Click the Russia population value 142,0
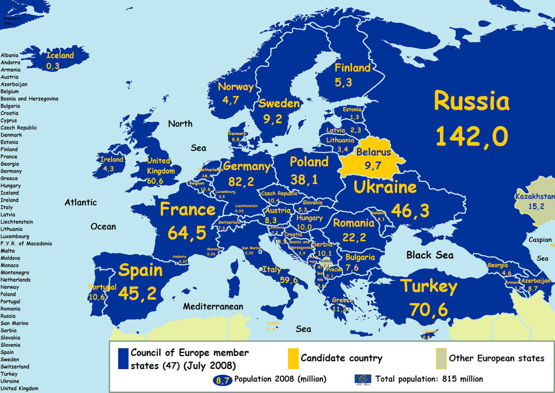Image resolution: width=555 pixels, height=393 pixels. pos(471,136)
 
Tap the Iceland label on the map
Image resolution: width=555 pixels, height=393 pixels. pos(60,55)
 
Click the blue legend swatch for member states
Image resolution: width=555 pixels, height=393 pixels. pos(123,359)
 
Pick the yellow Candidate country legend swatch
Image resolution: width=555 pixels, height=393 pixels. pos(293,358)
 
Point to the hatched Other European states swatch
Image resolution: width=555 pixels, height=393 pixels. pos(441,358)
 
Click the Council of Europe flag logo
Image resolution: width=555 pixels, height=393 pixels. pos(363,379)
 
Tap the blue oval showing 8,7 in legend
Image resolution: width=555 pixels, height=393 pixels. pos(222,380)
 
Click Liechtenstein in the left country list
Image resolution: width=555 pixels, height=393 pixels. pos(17,222)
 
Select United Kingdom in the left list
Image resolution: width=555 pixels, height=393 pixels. pos(19,388)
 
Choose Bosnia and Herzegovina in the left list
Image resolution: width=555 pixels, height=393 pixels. pos(29,99)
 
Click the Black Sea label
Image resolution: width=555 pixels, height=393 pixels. pos(430,255)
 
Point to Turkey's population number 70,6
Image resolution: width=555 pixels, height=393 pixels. pos(428,310)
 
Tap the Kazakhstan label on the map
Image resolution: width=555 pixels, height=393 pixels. pos(535,196)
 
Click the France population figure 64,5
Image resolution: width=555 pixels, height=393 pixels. pos(187,233)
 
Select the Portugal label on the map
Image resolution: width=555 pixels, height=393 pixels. pos(102,287)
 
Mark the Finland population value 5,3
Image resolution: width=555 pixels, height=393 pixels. pos(343,82)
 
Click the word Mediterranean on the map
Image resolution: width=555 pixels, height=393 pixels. pos(213,306)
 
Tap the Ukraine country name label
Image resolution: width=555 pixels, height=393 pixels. pos(385,187)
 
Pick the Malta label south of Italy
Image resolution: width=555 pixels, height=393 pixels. pos(273,323)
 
